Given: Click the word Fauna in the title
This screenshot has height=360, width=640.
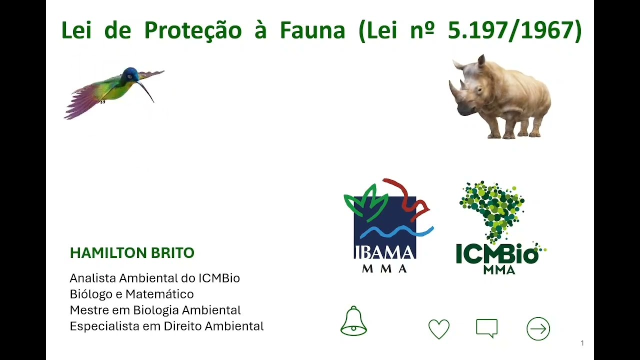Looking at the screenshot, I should click(312, 30).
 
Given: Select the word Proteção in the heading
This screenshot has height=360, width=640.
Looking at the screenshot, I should click(193, 30).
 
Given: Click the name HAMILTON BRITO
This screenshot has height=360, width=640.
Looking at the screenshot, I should click(132, 253).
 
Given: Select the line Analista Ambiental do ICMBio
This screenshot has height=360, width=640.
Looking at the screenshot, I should click(154, 278).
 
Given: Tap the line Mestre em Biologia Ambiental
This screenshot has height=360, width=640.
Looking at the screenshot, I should click(155, 310).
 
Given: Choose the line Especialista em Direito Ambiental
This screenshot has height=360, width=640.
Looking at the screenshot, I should click(166, 326).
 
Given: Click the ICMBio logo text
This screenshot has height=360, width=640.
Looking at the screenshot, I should click(497, 255).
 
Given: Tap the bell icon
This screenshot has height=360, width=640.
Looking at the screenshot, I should click(353, 321).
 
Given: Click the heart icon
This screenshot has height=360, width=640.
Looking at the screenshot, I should click(439, 329).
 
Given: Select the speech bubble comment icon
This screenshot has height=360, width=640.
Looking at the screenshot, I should click(486, 328).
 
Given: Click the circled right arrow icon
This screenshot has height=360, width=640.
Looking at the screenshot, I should click(538, 329).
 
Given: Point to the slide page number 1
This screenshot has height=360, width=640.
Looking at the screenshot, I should click(582, 343).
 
